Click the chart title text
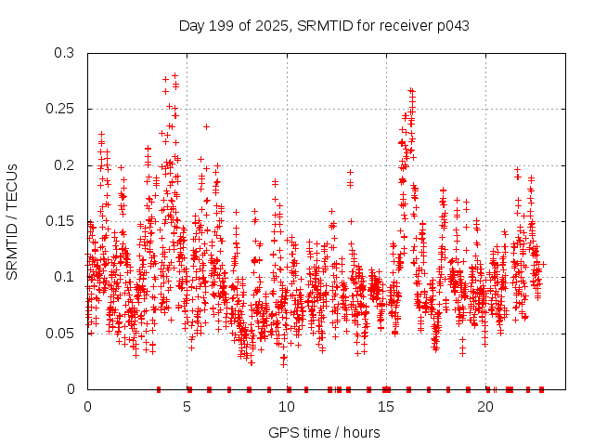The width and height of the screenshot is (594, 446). (x=324, y=25)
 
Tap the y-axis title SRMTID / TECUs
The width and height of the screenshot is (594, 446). (x=12, y=221)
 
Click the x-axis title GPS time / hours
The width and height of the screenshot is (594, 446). (x=324, y=432)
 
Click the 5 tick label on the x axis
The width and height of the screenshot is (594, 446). (x=187, y=406)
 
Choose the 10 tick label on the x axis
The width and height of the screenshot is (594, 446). (x=287, y=406)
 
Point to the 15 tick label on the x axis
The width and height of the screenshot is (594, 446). (x=386, y=406)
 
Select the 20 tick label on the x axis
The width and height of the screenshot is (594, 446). (x=485, y=406)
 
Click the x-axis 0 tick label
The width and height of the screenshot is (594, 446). (x=88, y=406)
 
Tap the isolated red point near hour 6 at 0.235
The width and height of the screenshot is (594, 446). (x=206, y=126)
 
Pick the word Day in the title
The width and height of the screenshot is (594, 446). (x=191, y=25)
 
